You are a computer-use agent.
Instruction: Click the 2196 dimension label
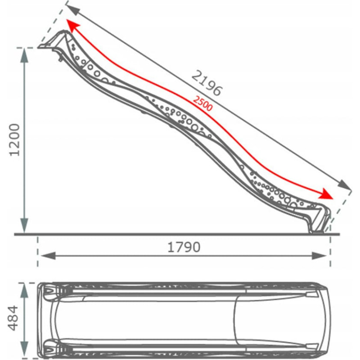(x=207, y=83)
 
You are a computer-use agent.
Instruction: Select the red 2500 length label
(x=202, y=103)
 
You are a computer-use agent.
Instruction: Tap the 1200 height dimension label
(x=14, y=140)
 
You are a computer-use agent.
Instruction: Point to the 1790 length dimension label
(x=184, y=247)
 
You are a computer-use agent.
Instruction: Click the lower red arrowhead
(x=326, y=194)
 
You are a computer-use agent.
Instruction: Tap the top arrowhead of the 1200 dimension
(x=24, y=55)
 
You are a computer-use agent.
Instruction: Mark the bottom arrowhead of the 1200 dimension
(x=24, y=225)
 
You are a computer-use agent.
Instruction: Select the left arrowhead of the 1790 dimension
(x=48, y=256)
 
